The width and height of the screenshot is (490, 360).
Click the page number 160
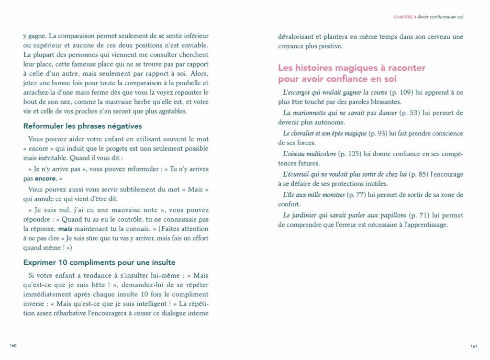point(13,346)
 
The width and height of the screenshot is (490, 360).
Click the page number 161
point(474,346)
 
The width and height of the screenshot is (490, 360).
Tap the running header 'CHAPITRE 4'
point(404,17)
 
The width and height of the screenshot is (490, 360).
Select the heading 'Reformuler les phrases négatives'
point(82,126)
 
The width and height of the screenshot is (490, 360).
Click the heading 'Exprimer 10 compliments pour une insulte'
point(99,262)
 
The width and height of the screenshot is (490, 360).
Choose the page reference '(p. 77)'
point(358,195)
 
